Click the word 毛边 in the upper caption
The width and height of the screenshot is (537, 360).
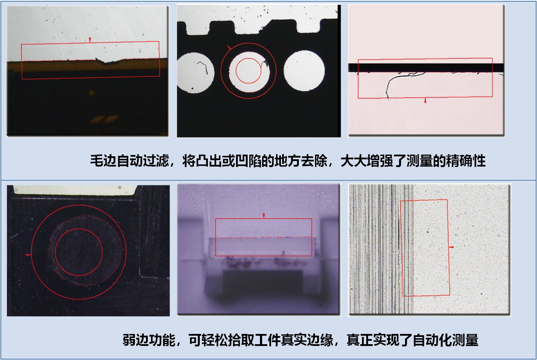coord(103,161)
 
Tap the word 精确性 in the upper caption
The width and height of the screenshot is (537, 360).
coord(466,161)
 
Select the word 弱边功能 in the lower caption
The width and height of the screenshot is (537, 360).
coord(149,340)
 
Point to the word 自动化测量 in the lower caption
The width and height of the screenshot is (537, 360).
coord(446,340)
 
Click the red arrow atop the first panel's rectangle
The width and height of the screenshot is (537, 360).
coord(90,40)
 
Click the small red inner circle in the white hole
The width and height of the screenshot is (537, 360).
coord(248,70)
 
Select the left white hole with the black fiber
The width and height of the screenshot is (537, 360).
coord(196,73)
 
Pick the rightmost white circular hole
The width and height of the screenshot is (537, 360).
coord(304,71)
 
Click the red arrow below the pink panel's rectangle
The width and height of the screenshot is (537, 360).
coord(425,100)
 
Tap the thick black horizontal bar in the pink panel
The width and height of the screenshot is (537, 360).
coord(426,67)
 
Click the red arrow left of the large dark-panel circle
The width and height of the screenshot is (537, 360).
coord(28,255)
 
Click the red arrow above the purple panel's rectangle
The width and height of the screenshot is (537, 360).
coord(264,215)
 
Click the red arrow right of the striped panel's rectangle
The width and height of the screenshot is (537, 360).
coord(452,247)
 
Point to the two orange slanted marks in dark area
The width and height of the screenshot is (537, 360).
coord(104,119)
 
